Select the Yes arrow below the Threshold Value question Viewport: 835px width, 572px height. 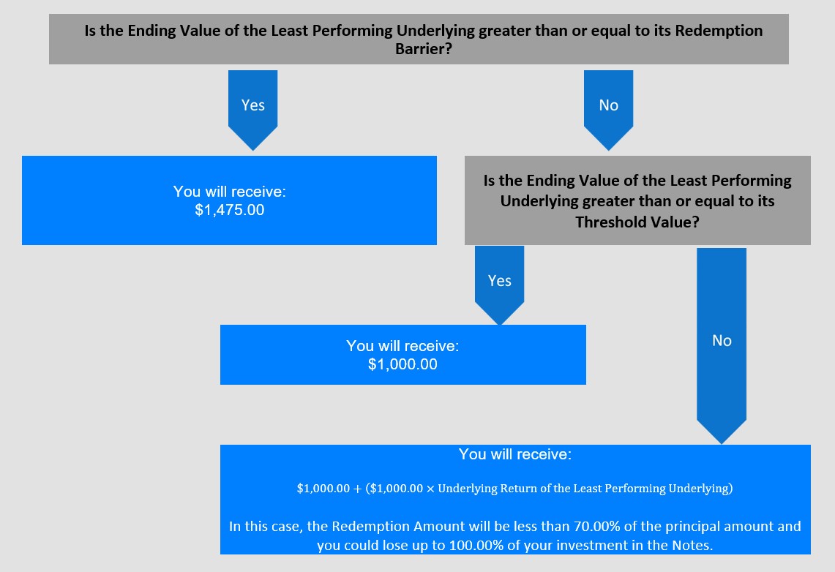500,285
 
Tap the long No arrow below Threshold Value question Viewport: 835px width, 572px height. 722,346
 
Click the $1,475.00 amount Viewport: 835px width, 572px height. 230,210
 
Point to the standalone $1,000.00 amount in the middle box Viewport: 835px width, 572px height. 402,364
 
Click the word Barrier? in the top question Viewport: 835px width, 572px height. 424,49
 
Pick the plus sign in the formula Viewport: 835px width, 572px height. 357,489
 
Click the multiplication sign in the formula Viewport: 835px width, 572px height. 430,489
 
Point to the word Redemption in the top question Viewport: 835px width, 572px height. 719,30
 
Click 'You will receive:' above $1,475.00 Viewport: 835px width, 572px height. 230,192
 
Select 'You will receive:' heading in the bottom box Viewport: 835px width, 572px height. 515,454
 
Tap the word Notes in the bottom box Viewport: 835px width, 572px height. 692,546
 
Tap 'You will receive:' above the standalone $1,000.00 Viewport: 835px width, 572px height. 402,346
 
